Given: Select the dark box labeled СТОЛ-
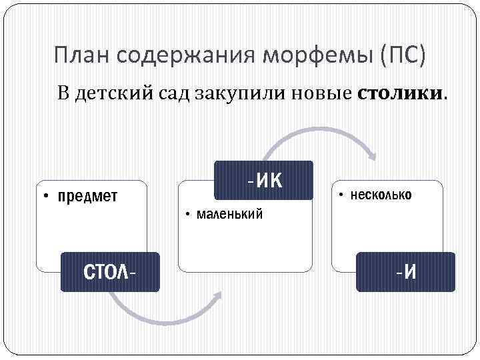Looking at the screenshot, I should tap(110, 272).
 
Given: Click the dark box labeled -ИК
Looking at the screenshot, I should tap(263, 180).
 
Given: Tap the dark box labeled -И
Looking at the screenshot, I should tap(405, 272).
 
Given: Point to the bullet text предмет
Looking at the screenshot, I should tap(87, 196).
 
